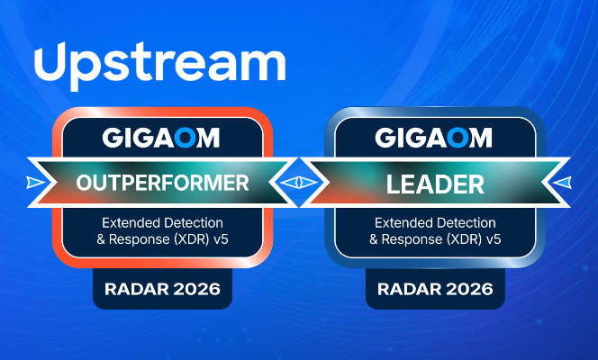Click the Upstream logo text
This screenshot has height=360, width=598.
159,63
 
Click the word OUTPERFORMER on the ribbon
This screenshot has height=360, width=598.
163,184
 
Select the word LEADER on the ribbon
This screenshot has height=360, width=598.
434,184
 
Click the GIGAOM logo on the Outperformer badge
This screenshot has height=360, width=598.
162,138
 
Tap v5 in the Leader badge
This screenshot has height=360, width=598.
493,239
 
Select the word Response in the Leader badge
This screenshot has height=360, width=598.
414,239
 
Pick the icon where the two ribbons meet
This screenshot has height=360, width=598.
298,183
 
